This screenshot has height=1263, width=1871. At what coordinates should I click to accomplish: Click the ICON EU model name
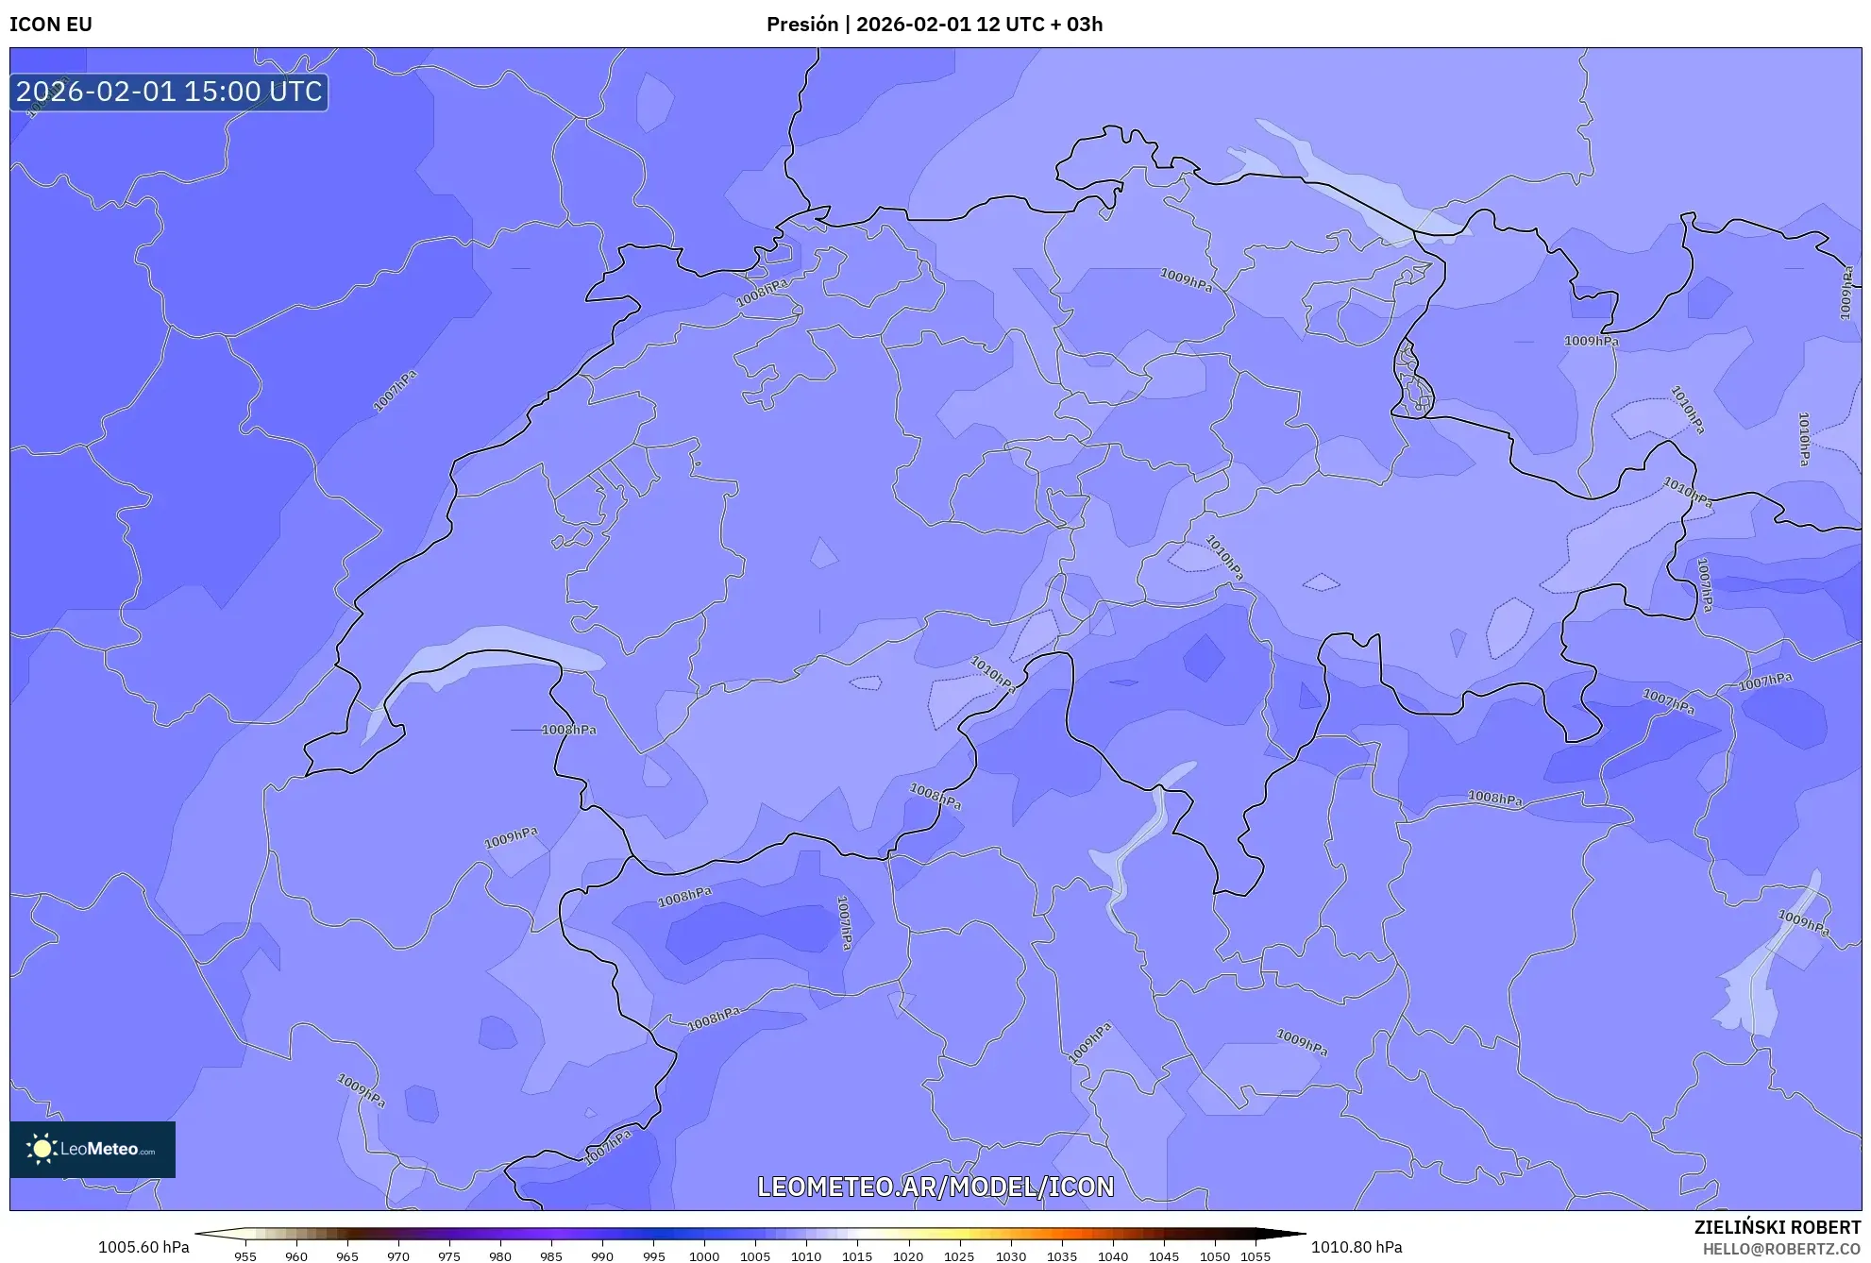(x=51, y=25)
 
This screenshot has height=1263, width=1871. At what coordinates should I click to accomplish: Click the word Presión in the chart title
(x=801, y=25)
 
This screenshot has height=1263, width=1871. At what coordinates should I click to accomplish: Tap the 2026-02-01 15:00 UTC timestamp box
(x=169, y=93)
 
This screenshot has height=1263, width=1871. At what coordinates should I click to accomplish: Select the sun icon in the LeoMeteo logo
(x=42, y=1149)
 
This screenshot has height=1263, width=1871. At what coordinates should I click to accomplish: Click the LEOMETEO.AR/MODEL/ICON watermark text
(x=935, y=1187)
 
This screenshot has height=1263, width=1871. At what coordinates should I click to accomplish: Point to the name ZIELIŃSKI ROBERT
(x=1777, y=1227)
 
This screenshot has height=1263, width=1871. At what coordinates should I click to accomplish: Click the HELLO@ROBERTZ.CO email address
(x=1780, y=1249)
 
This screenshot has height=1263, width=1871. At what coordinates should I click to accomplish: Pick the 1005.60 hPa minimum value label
(x=143, y=1247)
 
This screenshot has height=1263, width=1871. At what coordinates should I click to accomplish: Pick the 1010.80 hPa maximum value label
(x=1356, y=1247)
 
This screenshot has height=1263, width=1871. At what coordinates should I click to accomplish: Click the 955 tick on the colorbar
(x=245, y=1256)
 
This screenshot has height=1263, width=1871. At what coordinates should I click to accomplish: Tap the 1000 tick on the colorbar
(x=704, y=1256)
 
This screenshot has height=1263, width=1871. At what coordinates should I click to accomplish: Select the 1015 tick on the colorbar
(x=857, y=1256)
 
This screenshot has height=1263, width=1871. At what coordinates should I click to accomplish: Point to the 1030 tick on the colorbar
(x=1010, y=1256)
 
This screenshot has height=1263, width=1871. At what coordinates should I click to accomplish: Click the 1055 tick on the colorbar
(x=1256, y=1256)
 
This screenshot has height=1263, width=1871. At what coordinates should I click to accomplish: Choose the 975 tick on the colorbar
(x=449, y=1256)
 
